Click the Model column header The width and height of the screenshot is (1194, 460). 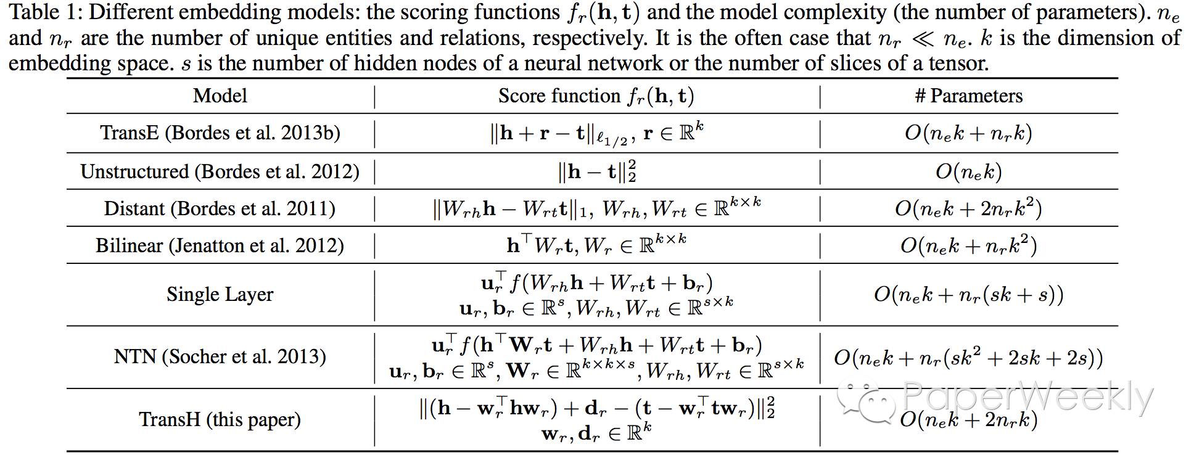[x=220, y=96]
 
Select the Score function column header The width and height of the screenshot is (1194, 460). [x=596, y=96]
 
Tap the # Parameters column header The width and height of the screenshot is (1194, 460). [x=968, y=96]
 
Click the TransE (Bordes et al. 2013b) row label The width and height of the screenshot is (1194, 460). [x=220, y=133]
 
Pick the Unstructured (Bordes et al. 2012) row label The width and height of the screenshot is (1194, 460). [x=220, y=171]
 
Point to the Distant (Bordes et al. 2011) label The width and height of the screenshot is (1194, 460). [x=220, y=208]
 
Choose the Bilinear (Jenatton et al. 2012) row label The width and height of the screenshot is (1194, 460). [x=220, y=245]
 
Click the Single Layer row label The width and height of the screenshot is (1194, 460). [x=220, y=294]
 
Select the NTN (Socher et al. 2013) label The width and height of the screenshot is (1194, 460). [x=220, y=356]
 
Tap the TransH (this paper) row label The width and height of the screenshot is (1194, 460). [x=220, y=419]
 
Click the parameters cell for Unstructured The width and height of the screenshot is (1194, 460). [x=968, y=171]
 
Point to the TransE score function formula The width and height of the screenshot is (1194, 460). [x=596, y=133]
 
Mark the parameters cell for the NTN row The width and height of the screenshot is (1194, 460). [x=968, y=358]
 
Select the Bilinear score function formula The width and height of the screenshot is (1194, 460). [x=596, y=245]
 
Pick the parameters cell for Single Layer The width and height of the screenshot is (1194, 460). [x=968, y=294]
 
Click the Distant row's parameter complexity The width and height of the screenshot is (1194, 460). [x=968, y=208]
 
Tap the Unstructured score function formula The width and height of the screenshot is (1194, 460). [x=596, y=171]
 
